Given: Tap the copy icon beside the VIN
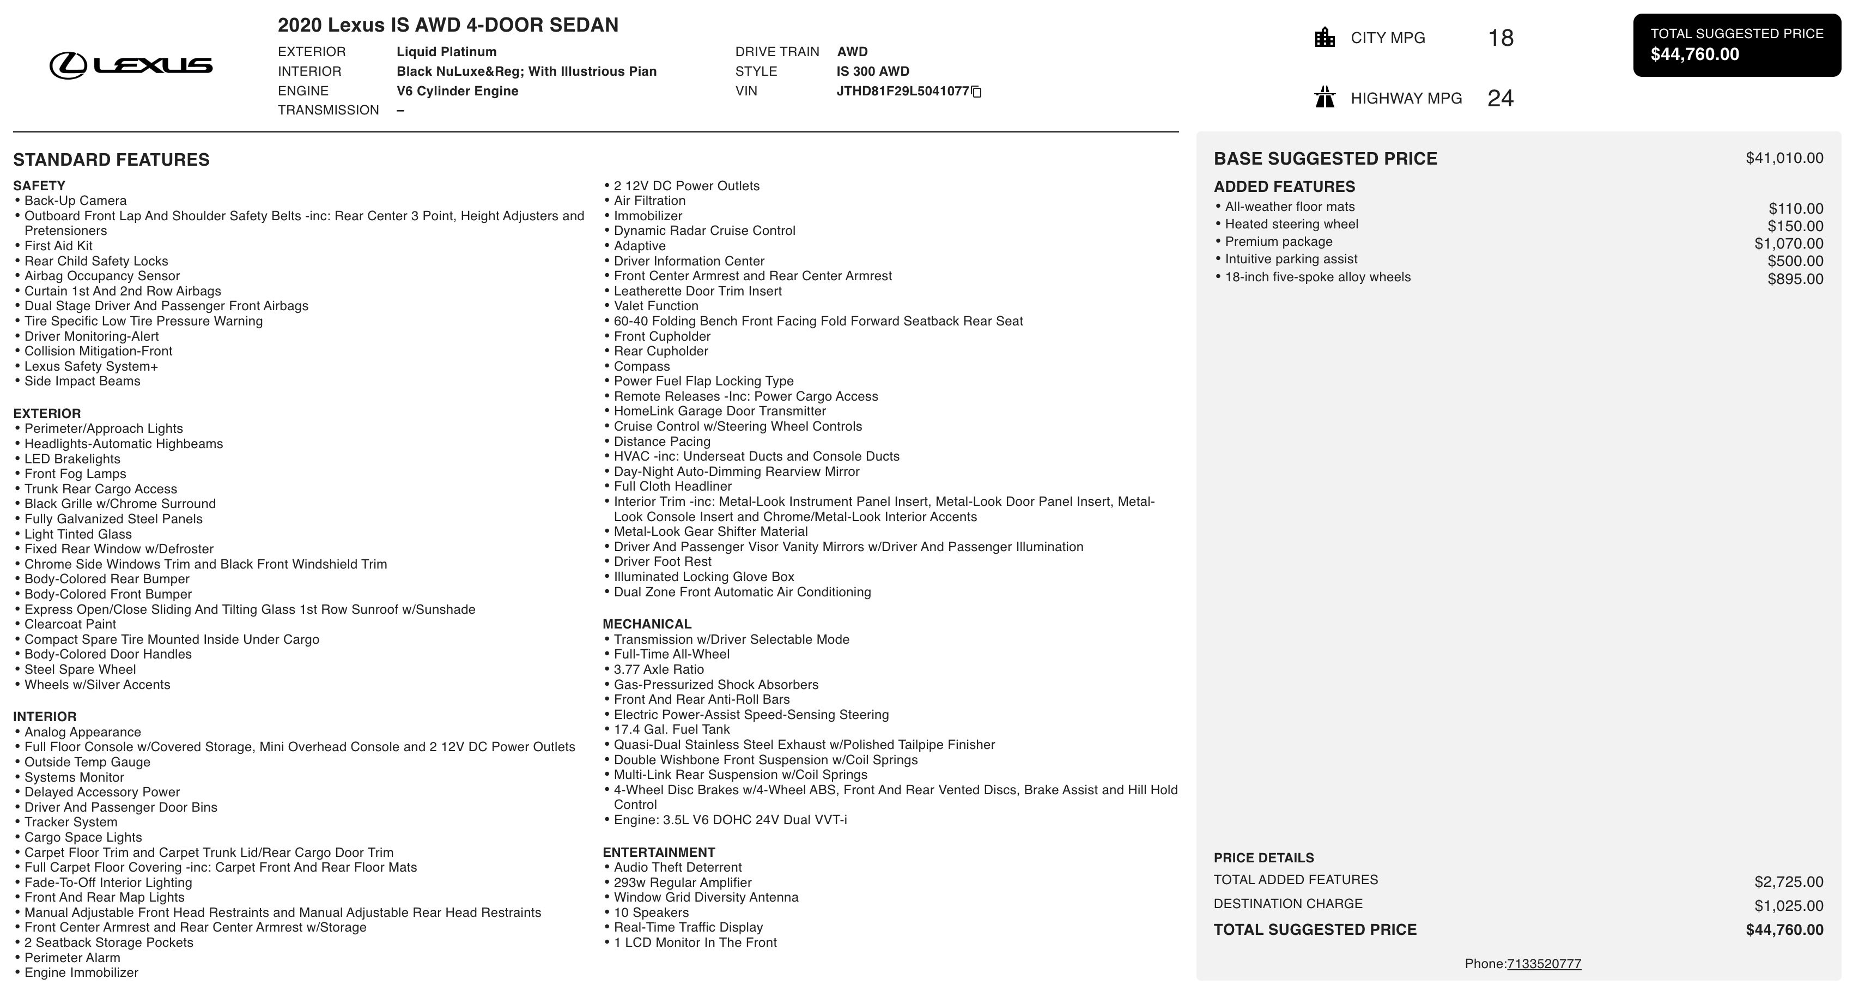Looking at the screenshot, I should click(976, 92).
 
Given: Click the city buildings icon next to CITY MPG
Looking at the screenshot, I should click(1325, 38).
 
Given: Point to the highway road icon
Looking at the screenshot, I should click(1325, 98).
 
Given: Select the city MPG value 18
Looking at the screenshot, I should click(1500, 38).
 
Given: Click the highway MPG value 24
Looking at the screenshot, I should click(1500, 98).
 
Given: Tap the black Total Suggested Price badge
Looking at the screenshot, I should click(1736, 45).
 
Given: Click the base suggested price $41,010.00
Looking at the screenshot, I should click(1784, 158).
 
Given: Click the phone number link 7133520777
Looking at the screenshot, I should click(1544, 964).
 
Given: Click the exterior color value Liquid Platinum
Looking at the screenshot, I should click(446, 52).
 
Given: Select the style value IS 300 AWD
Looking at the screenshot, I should click(872, 71).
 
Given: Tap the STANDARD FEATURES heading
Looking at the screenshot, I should click(111, 160).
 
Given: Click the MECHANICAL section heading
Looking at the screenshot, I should click(647, 624).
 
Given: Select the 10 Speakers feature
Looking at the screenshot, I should click(651, 913).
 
